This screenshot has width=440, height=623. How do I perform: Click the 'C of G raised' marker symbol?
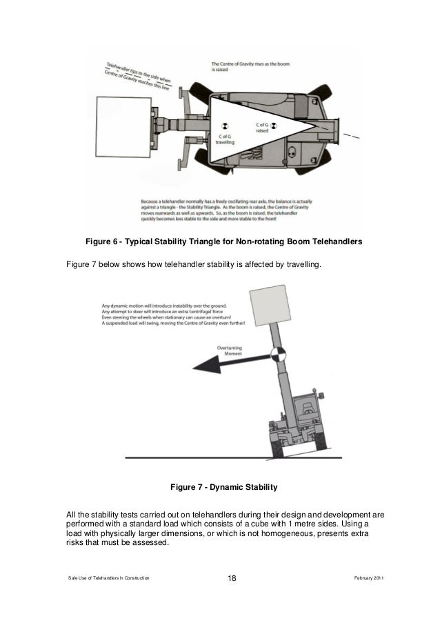(273, 125)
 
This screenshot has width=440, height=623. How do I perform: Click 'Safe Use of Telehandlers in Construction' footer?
(107, 577)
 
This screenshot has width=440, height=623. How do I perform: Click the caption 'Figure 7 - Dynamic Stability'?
(223, 487)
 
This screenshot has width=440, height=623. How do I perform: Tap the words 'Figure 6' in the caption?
(102, 242)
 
